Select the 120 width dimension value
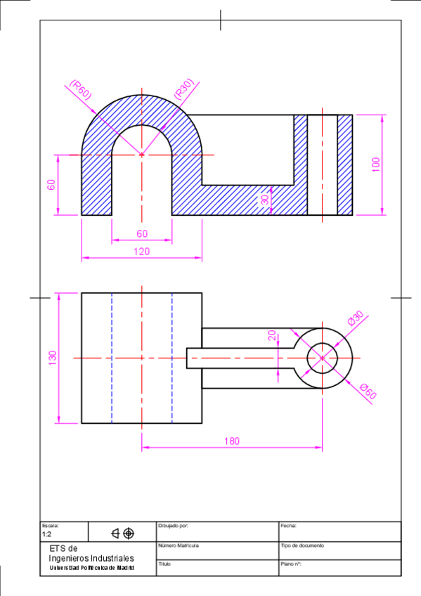pyautogui.click(x=141, y=251)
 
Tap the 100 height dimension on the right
pyautogui.click(x=376, y=164)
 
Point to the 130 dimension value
pyautogui.click(x=51, y=358)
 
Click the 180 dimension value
pyautogui.click(x=232, y=441)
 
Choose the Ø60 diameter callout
pyautogui.click(x=368, y=391)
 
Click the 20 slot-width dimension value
pyautogui.click(x=272, y=335)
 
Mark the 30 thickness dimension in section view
pyautogui.click(x=264, y=200)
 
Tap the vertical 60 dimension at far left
pyautogui.click(x=51, y=185)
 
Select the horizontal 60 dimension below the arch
pyautogui.click(x=142, y=233)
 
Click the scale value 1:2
pyautogui.click(x=47, y=534)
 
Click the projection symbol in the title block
pyautogui.click(x=122, y=533)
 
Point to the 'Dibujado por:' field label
pyautogui.click(x=174, y=526)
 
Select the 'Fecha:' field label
pyautogui.click(x=288, y=526)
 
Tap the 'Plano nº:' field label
pyautogui.click(x=291, y=564)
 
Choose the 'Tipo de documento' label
pyautogui.click(x=302, y=545)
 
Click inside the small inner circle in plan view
pyautogui.click(x=322, y=358)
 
